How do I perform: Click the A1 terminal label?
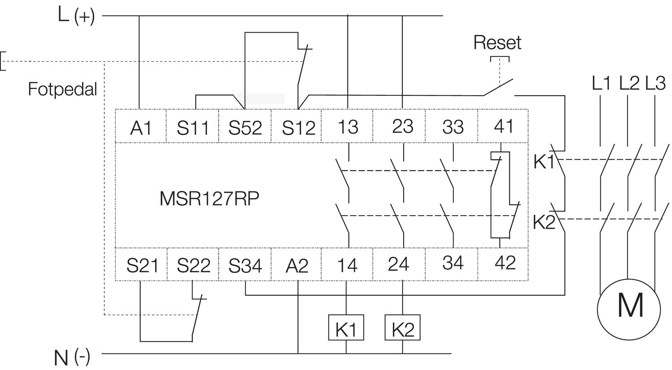click(x=141, y=128)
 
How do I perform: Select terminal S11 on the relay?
click(x=193, y=128)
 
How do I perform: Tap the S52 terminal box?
click(x=245, y=128)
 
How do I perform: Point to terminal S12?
click(x=298, y=128)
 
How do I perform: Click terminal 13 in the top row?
click(x=348, y=127)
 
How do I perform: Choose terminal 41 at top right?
click(x=504, y=127)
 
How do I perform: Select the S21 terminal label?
click(x=142, y=266)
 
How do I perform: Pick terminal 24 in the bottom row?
click(x=398, y=264)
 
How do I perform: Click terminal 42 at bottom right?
click(x=505, y=263)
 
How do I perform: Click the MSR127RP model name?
click(x=209, y=199)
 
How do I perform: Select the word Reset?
click(x=497, y=43)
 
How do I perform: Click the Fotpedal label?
click(x=62, y=89)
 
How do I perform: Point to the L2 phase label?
click(x=629, y=84)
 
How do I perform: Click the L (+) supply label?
click(x=76, y=16)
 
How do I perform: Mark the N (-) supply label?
click(x=72, y=357)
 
